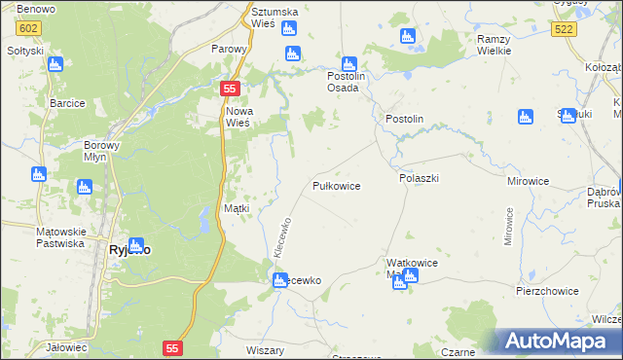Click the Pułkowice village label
click(337, 186)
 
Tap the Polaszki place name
click(420, 179)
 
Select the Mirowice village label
click(529, 181)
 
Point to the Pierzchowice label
click(547, 291)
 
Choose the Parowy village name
click(231, 47)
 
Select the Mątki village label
click(237, 208)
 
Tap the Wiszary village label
click(265, 350)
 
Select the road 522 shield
click(563, 31)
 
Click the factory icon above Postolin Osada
click(348, 65)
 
